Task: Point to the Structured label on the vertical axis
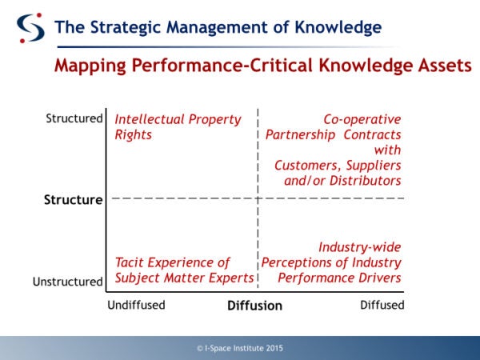click(x=74, y=119)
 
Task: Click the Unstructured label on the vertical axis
click(x=67, y=282)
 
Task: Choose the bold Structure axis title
click(x=73, y=200)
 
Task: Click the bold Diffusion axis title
click(x=254, y=306)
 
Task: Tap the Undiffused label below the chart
click(x=136, y=305)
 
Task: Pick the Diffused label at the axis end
click(x=382, y=305)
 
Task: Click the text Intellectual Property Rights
click(x=178, y=126)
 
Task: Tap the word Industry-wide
click(x=359, y=247)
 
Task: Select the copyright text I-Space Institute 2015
click(x=239, y=348)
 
